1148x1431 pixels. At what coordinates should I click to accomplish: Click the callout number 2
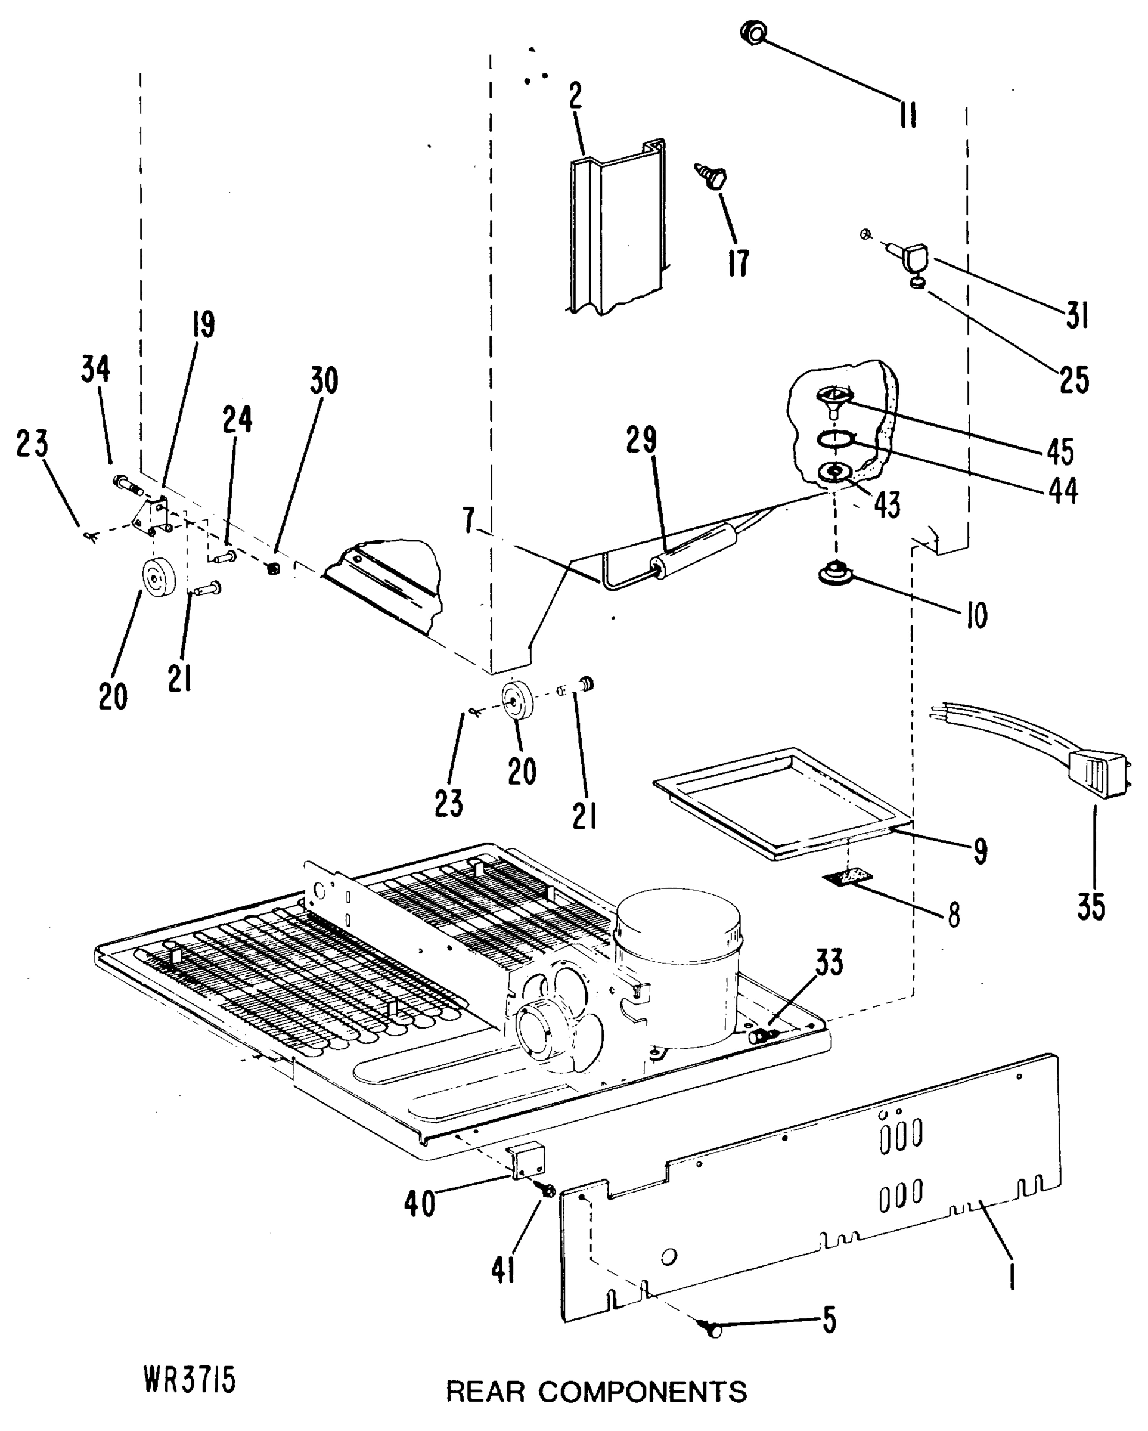(575, 96)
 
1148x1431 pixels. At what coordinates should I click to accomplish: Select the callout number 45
(1060, 452)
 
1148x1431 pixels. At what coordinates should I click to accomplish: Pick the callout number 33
(829, 962)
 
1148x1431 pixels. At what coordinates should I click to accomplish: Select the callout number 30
(324, 381)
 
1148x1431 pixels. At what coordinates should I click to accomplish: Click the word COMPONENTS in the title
(642, 1392)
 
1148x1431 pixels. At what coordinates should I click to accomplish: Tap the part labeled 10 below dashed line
(837, 573)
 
